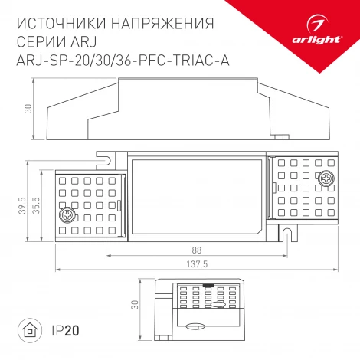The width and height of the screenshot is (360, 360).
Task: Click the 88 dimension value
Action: (196, 250)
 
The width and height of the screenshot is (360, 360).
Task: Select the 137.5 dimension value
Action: (196, 265)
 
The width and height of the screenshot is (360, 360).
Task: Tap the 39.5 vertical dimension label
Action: (24, 205)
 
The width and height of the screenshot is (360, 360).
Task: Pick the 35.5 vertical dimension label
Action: (38, 205)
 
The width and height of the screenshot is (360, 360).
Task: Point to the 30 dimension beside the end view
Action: (134, 306)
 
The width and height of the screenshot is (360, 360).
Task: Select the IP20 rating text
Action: (64, 332)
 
